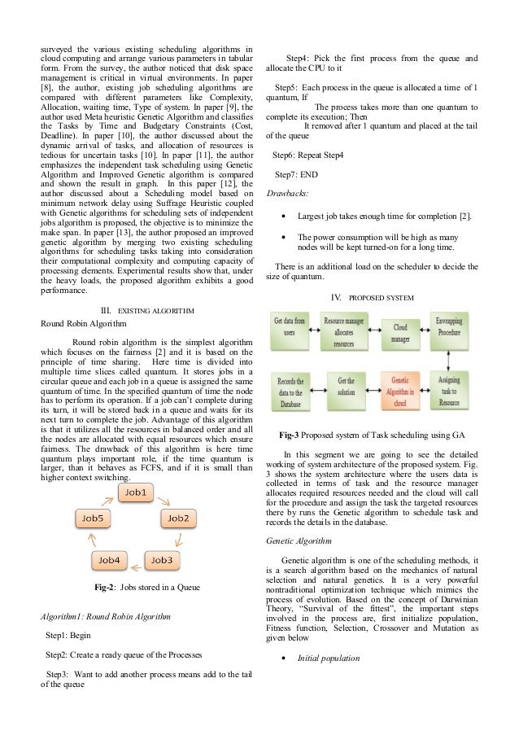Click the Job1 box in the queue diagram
point(135,492)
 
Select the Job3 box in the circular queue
point(161,560)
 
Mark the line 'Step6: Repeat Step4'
point(307,154)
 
